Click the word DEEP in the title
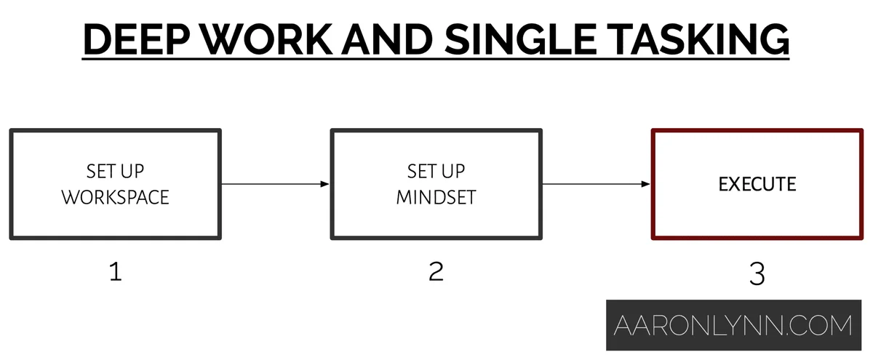pyautogui.click(x=137, y=39)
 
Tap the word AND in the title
pyautogui.click(x=387, y=39)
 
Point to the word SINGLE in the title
pyautogui.click(x=521, y=39)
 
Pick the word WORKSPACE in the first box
pyautogui.click(x=116, y=197)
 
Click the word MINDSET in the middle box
pyautogui.click(x=436, y=197)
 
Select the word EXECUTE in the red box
pyautogui.click(x=757, y=184)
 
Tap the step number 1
pyautogui.click(x=116, y=271)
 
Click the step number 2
pyautogui.click(x=436, y=271)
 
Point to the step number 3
pyautogui.click(x=757, y=274)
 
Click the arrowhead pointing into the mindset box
pyautogui.click(x=324, y=184)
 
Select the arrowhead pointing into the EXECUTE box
pyautogui.click(x=645, y=184)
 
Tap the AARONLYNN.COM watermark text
pyautogui.click(x=733, y=325)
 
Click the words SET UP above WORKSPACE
pyautogui.click(x=116, y=172)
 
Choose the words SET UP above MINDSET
pyautogui.click(x=436, y=172)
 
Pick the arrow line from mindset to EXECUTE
pyautogui.click(x=597, y=184)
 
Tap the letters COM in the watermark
pyautogui.click(x=821, y=325)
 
